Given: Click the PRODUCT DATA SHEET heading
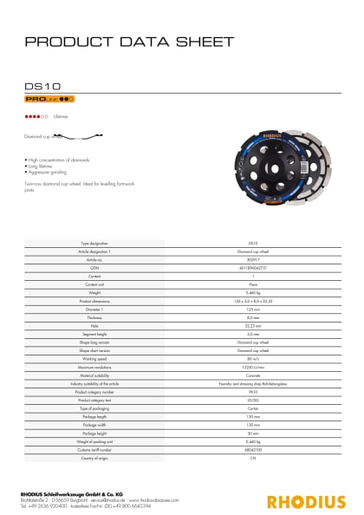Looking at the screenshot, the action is click(129, 42).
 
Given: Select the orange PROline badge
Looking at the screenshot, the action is click(43, 101).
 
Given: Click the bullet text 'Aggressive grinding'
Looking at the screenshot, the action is click(47, 173).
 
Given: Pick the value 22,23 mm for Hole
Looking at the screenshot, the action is click(253, 302).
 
